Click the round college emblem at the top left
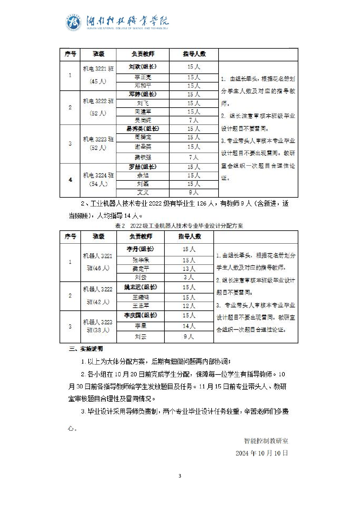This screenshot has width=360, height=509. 73,23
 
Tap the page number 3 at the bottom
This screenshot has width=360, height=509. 180,476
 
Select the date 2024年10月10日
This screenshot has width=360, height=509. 262,453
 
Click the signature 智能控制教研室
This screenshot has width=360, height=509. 266,441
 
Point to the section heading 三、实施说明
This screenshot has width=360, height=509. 86,349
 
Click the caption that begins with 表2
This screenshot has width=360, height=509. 179,226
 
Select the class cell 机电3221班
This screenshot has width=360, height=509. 98,69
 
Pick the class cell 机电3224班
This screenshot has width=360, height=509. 98,175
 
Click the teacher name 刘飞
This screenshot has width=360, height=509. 143,103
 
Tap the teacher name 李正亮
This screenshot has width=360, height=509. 143,77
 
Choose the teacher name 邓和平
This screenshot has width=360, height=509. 143,86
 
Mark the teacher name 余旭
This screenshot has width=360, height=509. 143,175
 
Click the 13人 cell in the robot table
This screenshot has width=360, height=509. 189,269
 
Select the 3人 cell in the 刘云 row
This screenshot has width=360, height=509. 189,277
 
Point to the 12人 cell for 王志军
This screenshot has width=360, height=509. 189,306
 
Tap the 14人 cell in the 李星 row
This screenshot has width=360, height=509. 189,326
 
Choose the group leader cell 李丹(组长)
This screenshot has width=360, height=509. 140,249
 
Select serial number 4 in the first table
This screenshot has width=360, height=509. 70,180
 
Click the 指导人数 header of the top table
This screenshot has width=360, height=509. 194,54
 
